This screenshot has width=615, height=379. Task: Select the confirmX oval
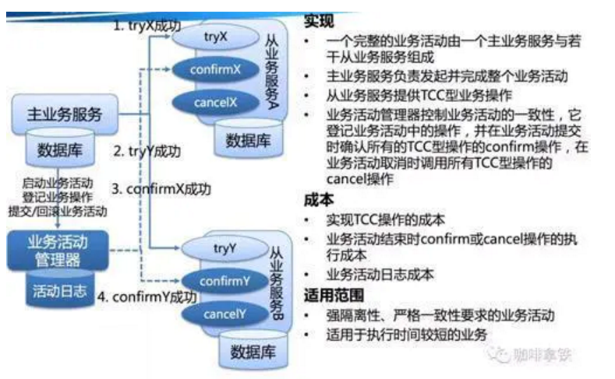[215, 70]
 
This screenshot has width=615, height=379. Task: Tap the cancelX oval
[215, 102]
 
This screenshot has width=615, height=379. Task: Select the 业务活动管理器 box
[58, 249]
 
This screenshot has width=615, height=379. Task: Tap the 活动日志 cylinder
[58, 290]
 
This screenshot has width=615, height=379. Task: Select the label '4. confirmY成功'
[147, 297]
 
